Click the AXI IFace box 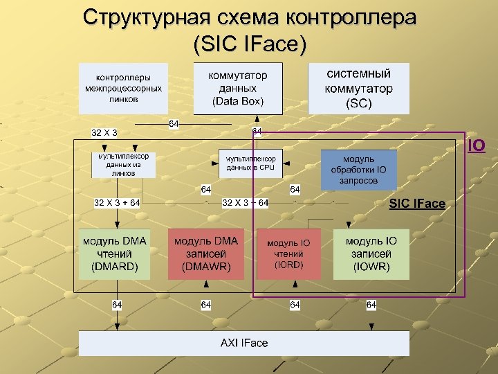tap(243, 343)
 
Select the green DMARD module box tap(114, 253)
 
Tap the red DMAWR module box tap(205, 253)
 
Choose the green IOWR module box tap(371, 253)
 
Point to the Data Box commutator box tap(238, 88)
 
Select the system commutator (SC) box tap(358, 88)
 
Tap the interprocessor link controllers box tap(123, 88)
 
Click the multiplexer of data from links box tap(123, 165)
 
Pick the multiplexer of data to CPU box tap(250, 163)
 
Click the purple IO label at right tap(476, 145)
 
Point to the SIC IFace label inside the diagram tap(417, 203)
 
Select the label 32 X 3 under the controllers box tap(104, 132)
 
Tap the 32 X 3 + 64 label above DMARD tap(117, 202)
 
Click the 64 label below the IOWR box tap(371, 305)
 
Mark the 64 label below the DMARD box tap(117, 305)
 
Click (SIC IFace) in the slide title tap(250, 45)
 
